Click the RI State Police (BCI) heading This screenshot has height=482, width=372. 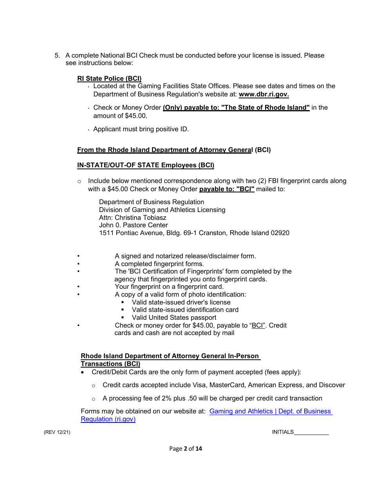(x=109, y=78)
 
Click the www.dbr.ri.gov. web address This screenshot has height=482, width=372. (x=264, y=94)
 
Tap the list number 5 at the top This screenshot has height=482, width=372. (x=57, y=55)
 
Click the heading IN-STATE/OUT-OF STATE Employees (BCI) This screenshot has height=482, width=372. (x=145, y=165)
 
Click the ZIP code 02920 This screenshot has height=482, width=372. (x=280, y=233)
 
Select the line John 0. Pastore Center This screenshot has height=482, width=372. (x=133, y=225)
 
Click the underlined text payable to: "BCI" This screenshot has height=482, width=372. (x=227, y=189)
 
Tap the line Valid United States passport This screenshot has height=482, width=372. (x=174, y=317)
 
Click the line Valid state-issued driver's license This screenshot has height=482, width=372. (x=181, y=302)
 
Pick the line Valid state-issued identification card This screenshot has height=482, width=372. (x=185, y=310)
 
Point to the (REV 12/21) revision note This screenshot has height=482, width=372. (x=57, y=432)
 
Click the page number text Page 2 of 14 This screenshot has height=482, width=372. (x=186, y=449)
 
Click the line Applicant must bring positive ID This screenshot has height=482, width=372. (x=141, y=129)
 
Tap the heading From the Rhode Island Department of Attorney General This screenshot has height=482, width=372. (x=164, y=150)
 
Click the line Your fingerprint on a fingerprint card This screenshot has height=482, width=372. (x=169, y=286)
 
